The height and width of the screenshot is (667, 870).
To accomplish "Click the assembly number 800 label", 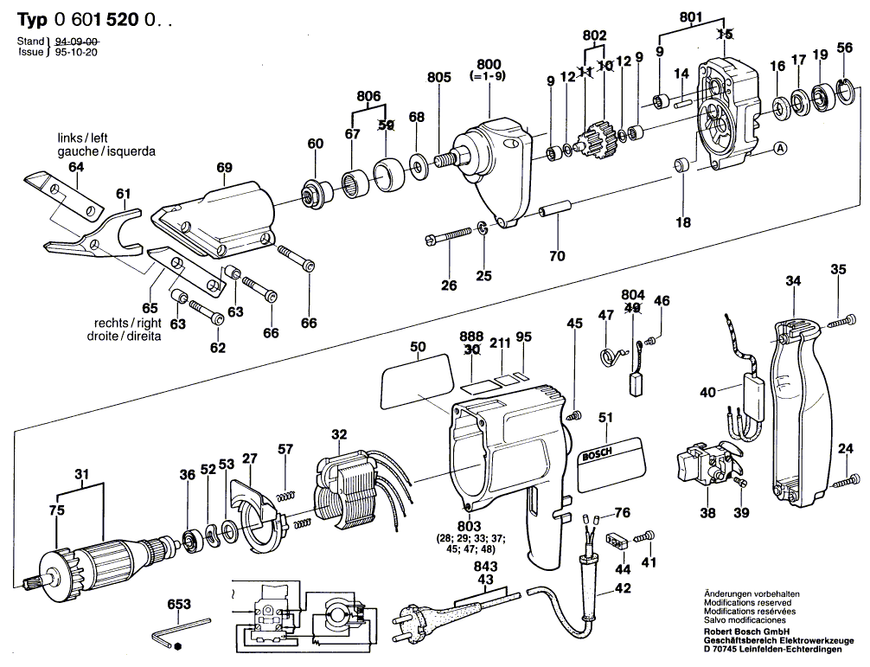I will click(489, 64).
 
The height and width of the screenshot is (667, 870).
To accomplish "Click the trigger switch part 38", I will click(705, 463).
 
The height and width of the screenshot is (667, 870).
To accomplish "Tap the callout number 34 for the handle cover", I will click(794, 280).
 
